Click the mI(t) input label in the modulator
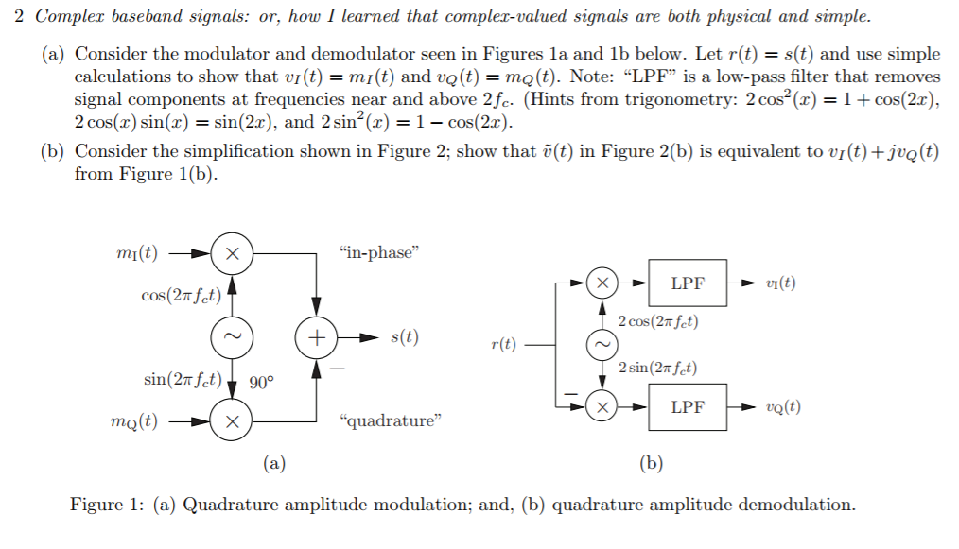point(136,254)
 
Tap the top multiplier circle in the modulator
point(231,254)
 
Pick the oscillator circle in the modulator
point(231,336)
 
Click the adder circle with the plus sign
point(317,336)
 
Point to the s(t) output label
point(404,337)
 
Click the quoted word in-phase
point(377,252)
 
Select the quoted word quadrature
point(390,420)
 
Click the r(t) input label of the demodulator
point(504,345)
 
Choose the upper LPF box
point(688,283)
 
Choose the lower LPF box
point(688,407)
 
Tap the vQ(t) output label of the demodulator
point(783,407)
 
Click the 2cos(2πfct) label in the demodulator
point(658,321)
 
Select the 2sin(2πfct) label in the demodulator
point(657,368)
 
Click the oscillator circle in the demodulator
point(602,345)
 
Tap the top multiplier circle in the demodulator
point(602,283)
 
